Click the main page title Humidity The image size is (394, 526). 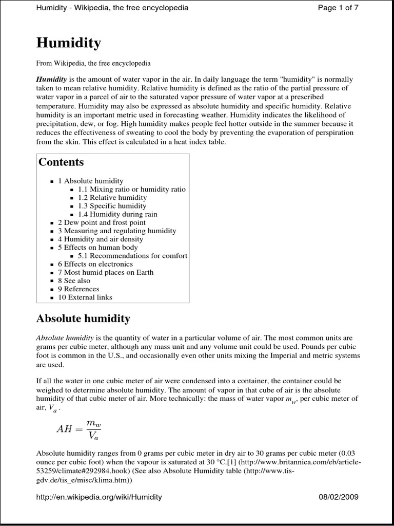pyautogui.click(x=68, y=43)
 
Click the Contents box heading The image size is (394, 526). pyautogui.click(x=61, y=162)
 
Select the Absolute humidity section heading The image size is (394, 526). pyautogui.click(x=83, y=319)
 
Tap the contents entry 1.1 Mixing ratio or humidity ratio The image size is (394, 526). pyautogui.click(x=132, y=189)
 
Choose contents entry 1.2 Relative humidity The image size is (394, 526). pyautogui.click(x=112, y=197)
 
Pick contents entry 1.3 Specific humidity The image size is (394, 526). pyautogui.click(x=112, y=205)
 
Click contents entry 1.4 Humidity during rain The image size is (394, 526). pyautogui.click(x=117, y=214)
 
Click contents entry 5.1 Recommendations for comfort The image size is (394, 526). pyautogui.click(x=132, y=256)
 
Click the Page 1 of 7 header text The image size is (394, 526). pyautogui.click(x=338, y=8)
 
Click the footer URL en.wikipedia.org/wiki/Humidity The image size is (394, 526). pyautogui.click(x=99, y=497)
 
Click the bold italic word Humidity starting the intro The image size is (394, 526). pyautogui.click(x=51, y=80)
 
